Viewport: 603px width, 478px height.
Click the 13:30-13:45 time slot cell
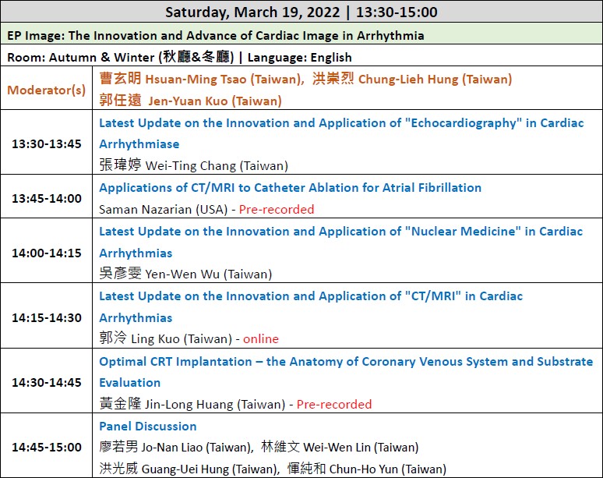[x=47, y=144]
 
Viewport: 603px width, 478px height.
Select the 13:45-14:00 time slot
[x=47, y=199]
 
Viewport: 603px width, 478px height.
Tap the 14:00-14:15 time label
[x=47, y=253]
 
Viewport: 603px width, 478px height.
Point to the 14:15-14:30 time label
[x=47, y=318]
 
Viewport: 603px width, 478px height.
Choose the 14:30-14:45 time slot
[x=47, y=383]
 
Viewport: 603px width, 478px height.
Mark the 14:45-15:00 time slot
[x=47, y=448]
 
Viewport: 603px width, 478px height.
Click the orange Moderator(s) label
[x=46, y=90]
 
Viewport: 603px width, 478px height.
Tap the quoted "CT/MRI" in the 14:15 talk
[x=432, y=296]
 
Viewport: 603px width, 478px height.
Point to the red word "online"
[x=261, y=339]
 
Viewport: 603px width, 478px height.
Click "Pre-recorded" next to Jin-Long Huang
[x=334, y=405]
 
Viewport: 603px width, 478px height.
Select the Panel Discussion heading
[x=148, y=427]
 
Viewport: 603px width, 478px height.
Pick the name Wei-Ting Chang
[x=192, y=166]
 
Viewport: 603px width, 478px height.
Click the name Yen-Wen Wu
[x=182, y=274]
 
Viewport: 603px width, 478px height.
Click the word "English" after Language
[x=331, y=58]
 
